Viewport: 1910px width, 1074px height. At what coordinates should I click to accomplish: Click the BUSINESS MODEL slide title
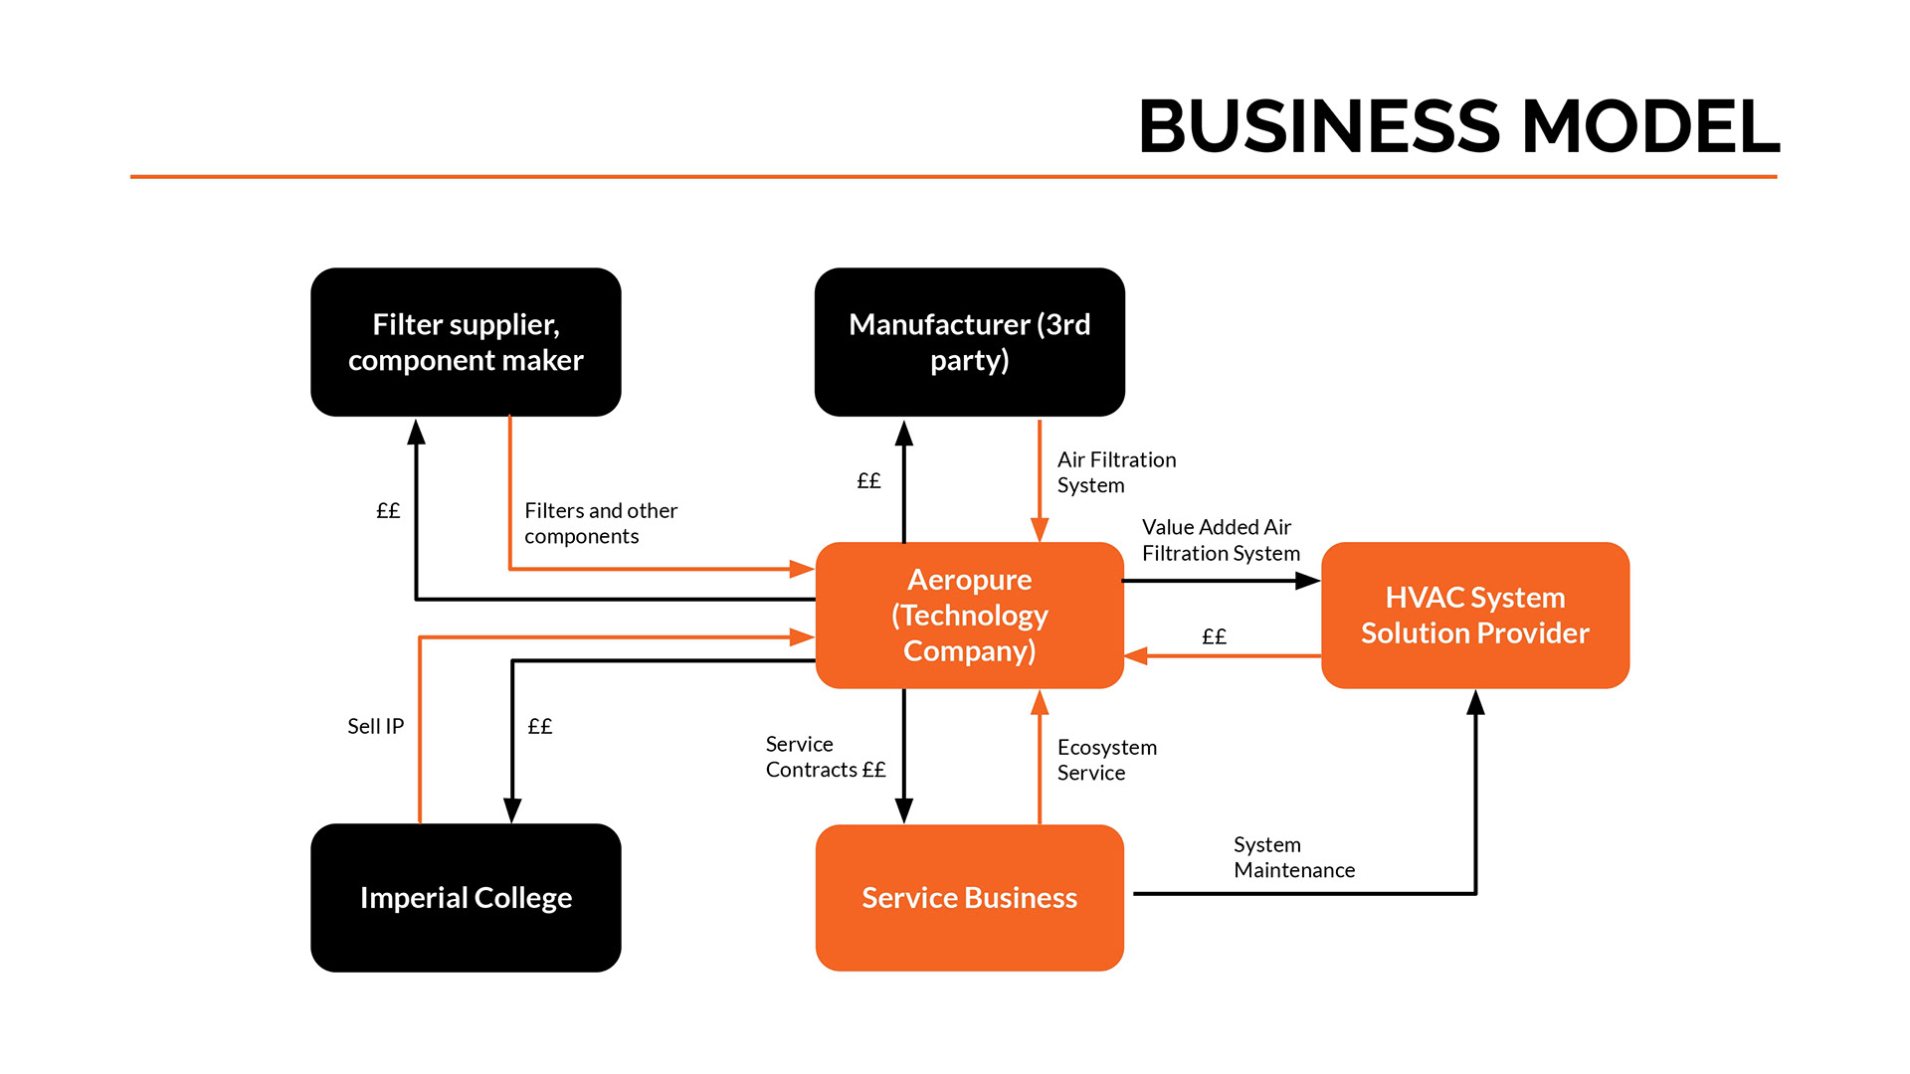[x=1458, y=127]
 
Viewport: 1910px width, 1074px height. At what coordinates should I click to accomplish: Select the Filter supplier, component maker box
[x=466, y=342]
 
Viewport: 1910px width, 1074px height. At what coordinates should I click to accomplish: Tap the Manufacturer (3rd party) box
[x=969, y=342]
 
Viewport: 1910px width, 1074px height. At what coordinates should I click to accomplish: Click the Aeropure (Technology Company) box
[x=969, y=615]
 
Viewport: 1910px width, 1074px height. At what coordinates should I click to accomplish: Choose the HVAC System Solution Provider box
[x=1474, y=615]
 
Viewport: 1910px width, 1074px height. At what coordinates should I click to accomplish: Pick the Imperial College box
[x=466, y=897]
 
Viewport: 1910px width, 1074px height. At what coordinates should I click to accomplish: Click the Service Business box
[x=969, y=897]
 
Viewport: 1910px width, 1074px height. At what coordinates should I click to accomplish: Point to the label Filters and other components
[x=600, y=523]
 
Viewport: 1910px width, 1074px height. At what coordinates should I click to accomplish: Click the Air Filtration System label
[x=1115, y=472]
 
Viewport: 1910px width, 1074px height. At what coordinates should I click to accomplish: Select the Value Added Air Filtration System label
[x=1221, y=540]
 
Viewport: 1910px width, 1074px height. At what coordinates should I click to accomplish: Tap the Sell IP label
[x=375, y=726]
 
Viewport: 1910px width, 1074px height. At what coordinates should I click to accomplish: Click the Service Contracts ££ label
[x=825, y=757]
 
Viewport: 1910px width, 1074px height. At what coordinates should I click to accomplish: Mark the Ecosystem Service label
[x=1106, y=760]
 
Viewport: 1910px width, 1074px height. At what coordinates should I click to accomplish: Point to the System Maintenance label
[x=1293, y=857]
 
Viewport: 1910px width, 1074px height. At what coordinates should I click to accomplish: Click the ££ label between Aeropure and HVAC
[x=1214, y=636]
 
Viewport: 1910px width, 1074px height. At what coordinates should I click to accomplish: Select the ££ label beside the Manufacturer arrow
[x=868, y=481]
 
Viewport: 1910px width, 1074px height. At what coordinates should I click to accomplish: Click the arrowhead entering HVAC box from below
[x=1475, y=702]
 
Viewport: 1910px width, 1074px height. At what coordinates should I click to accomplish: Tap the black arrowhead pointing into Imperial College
[x=512, y=810]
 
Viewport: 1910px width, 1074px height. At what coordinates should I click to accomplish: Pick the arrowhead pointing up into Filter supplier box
[x=416, y=432]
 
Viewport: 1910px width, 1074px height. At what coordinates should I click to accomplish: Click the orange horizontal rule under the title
[x=953, y=177]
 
